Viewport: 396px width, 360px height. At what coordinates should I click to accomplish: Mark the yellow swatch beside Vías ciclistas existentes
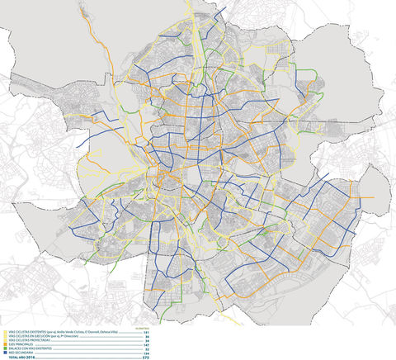(4, 331)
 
